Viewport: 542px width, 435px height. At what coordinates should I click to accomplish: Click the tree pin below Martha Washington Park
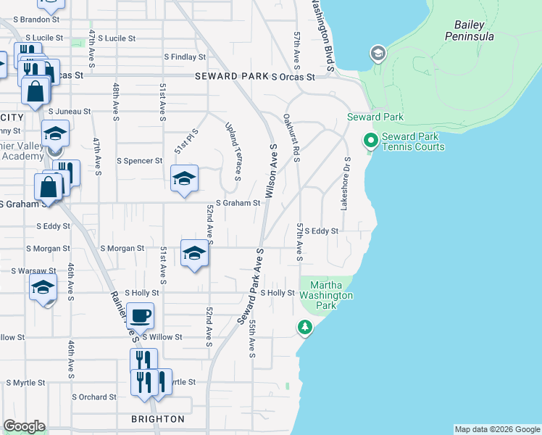[x=305, y=328]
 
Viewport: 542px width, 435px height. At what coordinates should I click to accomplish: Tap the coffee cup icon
[x=141, y=316]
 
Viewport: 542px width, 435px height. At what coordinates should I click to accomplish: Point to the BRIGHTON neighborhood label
[x=157, y=419]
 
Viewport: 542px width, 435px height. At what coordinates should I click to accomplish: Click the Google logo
[x=24, y=426]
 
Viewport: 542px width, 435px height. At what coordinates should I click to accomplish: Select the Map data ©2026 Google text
[x=496, y=429]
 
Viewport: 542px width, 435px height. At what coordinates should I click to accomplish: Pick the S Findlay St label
[x=185, y=57]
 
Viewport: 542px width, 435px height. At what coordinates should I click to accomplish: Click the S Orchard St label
[x=93, y=397]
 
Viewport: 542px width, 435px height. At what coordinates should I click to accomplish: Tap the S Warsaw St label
[x=34, y=271]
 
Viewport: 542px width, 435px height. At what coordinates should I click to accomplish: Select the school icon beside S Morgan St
[x=194, y=253]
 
